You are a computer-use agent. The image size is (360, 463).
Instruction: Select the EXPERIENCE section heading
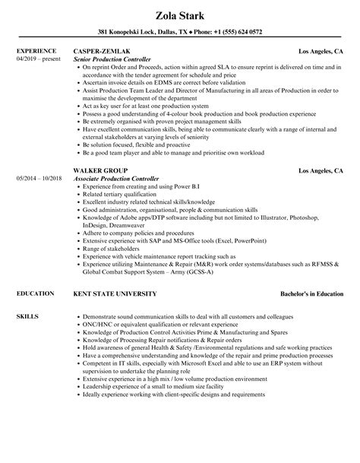36,51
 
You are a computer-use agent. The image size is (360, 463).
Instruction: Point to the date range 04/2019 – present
36,59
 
